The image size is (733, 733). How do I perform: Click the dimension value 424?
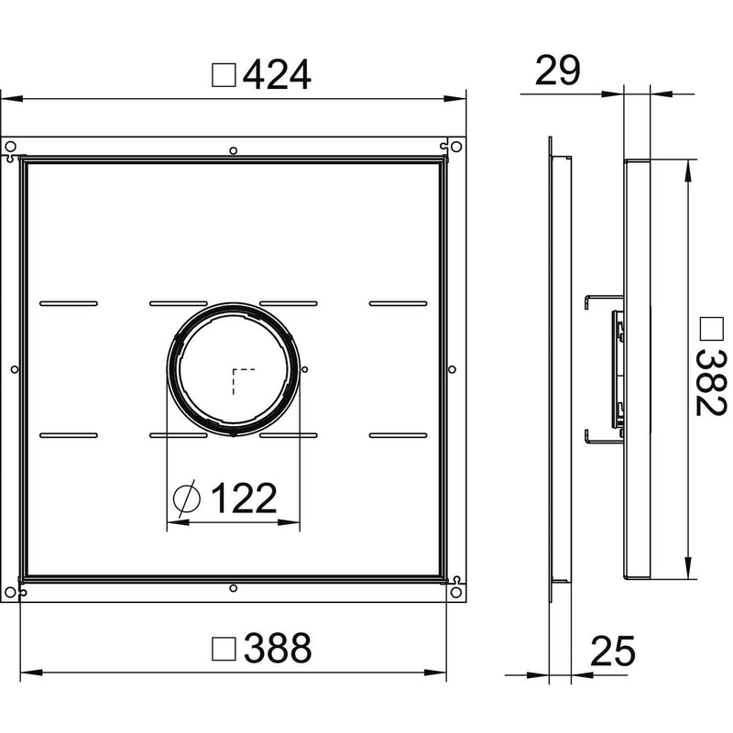(x=277, y=75)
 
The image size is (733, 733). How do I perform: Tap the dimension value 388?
(x=278, y=648)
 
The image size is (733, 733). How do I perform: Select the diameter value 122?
(x=244, y=498)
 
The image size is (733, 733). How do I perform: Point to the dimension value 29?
(x=557, y=71)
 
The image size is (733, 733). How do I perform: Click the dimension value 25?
(x=613, y=651)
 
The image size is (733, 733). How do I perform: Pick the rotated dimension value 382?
(x=711, y=383)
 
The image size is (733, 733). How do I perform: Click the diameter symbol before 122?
(x=187, y=498)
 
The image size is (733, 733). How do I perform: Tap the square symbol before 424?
(x=224, y=75)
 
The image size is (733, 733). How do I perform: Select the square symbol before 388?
(x=224, y=649)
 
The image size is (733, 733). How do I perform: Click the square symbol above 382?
(x=712, y=328)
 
